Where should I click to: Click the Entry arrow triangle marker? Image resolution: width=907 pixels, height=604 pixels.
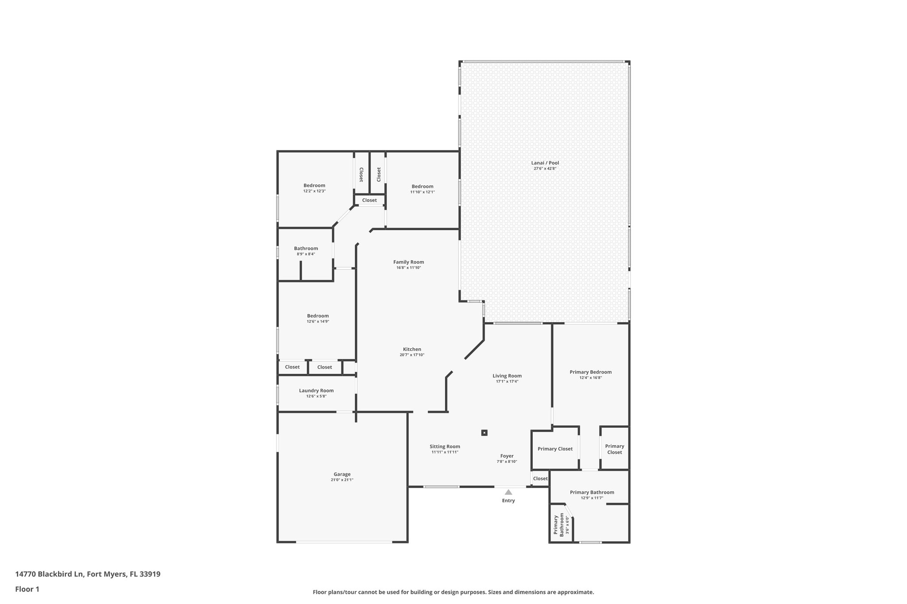[x=508, y=492]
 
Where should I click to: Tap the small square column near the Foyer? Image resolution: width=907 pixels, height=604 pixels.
[x=485, y=433]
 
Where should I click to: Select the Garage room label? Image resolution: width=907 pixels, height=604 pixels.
[x=342, y=474]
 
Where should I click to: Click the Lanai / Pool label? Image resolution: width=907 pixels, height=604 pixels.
[x=545, y=163]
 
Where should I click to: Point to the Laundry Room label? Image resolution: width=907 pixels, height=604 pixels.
[x=316, y=390]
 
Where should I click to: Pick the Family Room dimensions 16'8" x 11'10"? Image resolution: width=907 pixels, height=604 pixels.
[x=408, y=268]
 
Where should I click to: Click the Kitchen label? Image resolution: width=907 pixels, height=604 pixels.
[x=412, y=349]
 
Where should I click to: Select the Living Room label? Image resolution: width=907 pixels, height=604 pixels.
[x=507, y=376]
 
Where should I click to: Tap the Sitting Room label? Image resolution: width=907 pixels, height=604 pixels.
[x=445, y=446]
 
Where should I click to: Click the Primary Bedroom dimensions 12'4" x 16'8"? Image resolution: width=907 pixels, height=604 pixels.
[x=590, y=378]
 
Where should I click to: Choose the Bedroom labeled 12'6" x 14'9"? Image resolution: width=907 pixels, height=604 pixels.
[x=318, y=316]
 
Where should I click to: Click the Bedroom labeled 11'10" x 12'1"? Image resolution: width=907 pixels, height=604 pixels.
[x=422, y=186]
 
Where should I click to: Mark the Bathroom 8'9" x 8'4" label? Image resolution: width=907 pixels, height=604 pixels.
[x=306, y=248]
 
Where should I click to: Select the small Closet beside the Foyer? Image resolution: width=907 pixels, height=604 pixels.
[x=540, y=478]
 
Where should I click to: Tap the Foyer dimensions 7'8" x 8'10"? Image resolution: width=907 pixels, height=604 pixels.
[x=507, y=462]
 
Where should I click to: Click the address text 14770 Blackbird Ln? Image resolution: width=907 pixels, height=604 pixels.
[x=49, y=574]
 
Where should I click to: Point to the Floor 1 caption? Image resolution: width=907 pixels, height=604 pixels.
[x=27, y=589]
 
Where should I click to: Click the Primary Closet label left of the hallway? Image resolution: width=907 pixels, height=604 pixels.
[x=555, y=449]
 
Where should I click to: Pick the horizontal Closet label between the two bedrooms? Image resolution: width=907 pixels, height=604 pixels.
[x=369, y=200]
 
